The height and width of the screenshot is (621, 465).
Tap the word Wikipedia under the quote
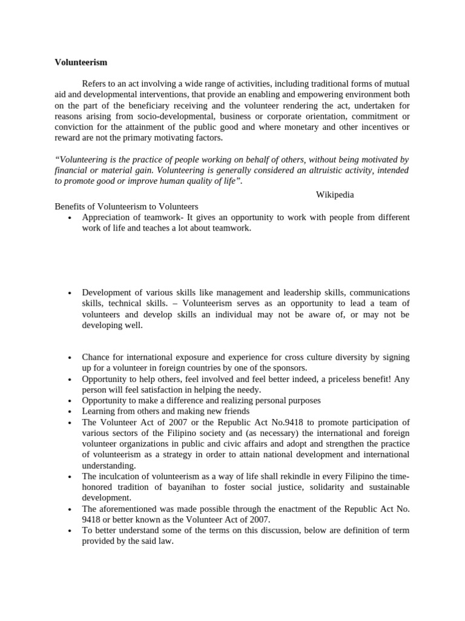click(x=335, y=195)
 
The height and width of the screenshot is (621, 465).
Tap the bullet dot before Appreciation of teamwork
click(x=71, y=218)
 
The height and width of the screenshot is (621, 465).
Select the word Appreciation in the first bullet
click(x=107, y=217)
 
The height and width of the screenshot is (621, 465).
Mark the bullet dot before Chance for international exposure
click(x=71, y=358)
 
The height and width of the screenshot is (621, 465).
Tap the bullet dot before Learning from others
click(x=71, y=412)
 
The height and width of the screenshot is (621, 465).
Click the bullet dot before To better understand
click(x=71, y=531)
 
